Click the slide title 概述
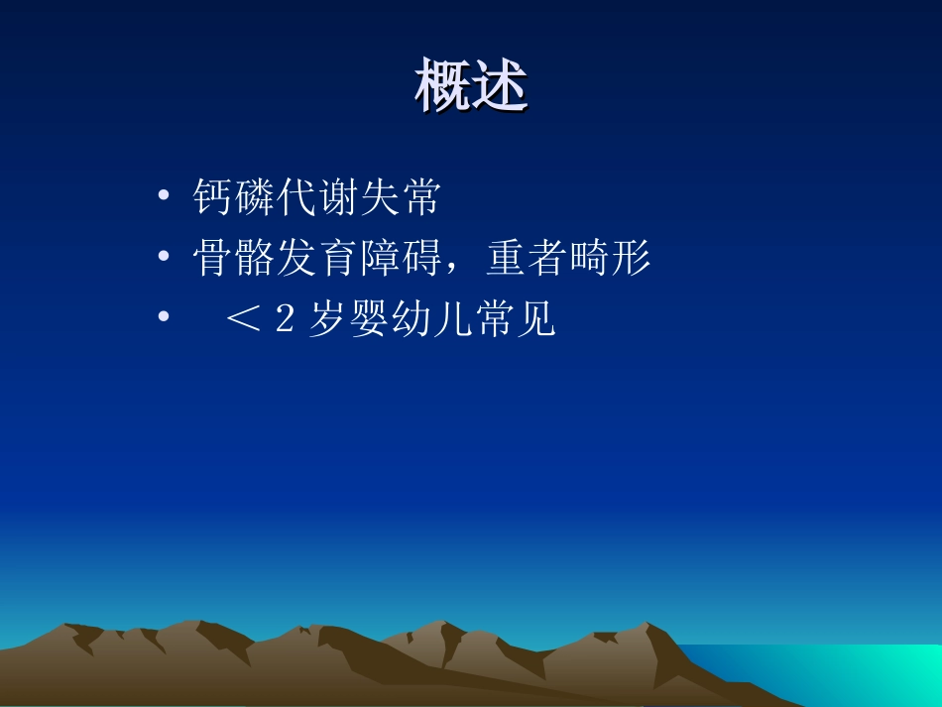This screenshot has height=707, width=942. (471, 87)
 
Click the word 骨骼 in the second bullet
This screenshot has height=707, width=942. (233, 260)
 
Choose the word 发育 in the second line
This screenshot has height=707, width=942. (315, 260)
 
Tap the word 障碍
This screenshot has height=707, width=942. (398, 260)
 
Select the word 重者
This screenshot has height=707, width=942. (527, 260)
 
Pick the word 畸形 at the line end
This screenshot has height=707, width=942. (609, 260)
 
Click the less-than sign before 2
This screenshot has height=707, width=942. (242, 321)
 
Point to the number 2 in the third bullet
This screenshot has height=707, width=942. (285, 321)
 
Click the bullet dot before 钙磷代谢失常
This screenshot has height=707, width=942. (163, 198)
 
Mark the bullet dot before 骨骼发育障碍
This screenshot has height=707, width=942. (163, 258)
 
